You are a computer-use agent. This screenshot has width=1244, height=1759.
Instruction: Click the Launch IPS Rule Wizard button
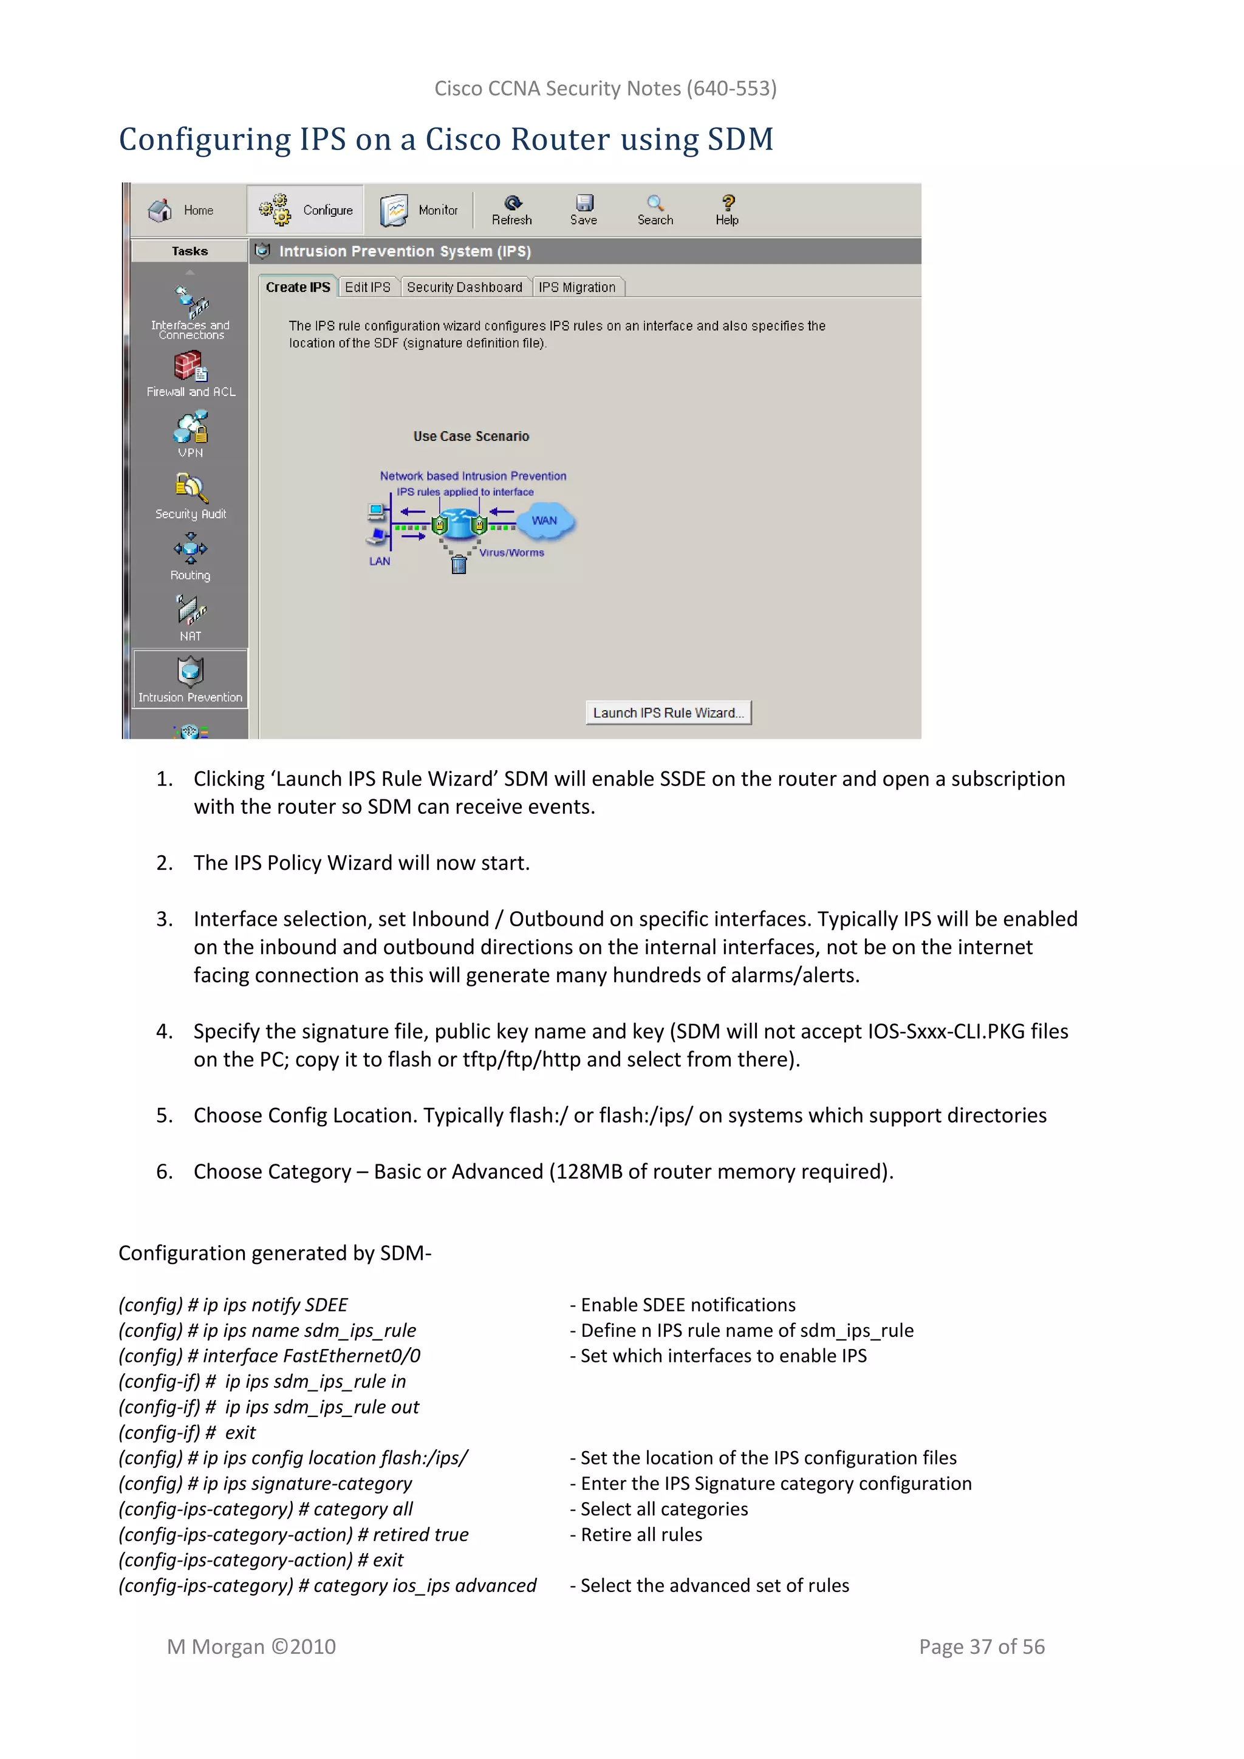point(668,712)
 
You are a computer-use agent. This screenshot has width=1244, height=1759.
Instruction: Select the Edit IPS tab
point(367,287)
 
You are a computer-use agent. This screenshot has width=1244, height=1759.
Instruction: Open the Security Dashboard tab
point(464,287)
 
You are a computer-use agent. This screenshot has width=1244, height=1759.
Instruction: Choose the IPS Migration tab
point(577,287)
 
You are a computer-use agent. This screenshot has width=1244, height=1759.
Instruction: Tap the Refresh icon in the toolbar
point(513,203)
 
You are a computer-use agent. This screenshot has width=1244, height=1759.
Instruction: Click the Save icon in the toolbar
point(584,203)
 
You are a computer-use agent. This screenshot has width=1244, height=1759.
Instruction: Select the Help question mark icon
point(728,202)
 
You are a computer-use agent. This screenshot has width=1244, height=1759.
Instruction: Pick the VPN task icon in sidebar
point(190,428)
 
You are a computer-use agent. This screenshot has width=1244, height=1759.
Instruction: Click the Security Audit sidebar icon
point(190,488)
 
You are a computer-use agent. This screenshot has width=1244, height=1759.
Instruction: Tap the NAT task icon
point(190,610)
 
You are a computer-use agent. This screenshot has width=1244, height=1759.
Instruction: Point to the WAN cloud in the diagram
point(545,521)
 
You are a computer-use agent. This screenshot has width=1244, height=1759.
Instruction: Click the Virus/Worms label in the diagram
point(511,552)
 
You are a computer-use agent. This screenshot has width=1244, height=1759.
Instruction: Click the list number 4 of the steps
point(164,1031)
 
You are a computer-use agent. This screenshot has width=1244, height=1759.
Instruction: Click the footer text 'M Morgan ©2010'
point(251,1647)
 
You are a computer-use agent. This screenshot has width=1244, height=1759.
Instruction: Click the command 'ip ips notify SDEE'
point(275,1305)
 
